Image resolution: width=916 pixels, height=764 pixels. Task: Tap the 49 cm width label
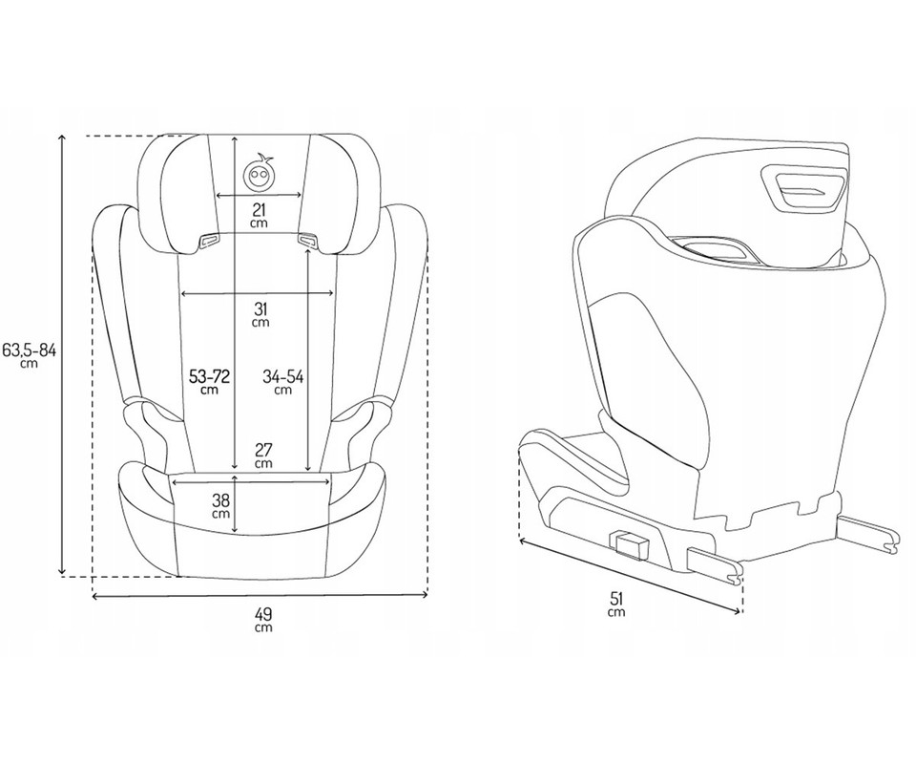pos(263,620)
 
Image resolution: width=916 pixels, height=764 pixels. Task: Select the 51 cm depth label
pos(616,604)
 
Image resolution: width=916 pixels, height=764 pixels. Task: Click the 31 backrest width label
pos(260,314)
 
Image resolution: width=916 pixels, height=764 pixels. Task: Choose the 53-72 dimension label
pos(209,382)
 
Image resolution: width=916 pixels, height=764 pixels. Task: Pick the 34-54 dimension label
pos(282,382)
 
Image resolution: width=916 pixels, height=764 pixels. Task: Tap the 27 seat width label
pos(264,456)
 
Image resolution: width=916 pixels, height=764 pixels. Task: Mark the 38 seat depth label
pos(220,505)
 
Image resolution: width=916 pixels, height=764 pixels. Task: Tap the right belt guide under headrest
pos(307,240)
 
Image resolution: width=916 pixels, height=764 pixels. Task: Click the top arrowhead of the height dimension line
pos(63,138)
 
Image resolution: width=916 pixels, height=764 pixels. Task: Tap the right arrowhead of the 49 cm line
pos(425,595)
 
